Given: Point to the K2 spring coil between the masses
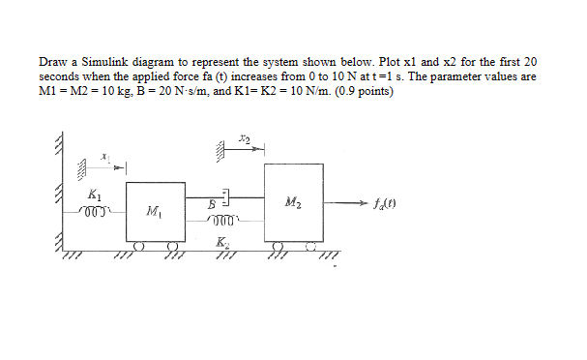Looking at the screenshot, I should click(x=224, y=224).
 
